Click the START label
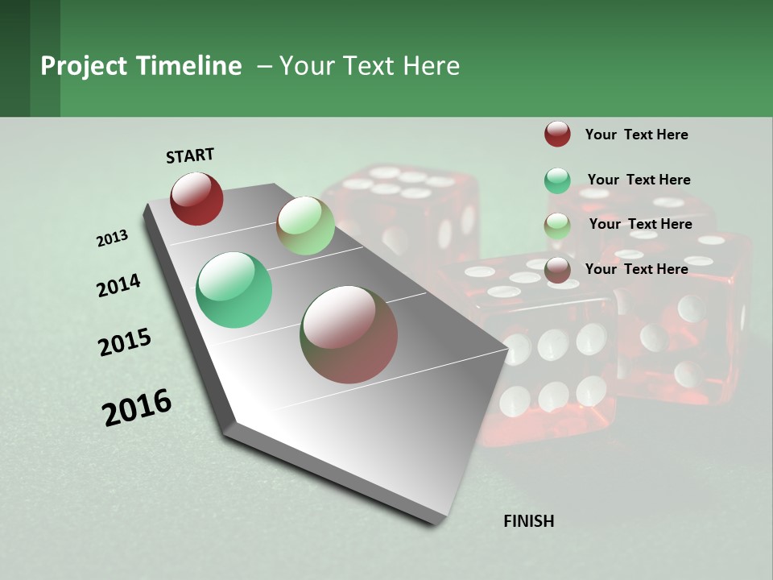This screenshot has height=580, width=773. (190, 155)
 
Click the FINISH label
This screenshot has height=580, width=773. (528, 521)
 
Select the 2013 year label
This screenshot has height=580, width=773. (112, 238)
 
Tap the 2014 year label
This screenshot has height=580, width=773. (118, 285)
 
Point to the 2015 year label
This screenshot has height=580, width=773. (125, 342)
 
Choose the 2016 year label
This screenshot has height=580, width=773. (137, 407)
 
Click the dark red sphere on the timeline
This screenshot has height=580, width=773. (196, 198)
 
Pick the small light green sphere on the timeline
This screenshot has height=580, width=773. (305, 226)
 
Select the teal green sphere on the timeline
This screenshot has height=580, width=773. (234, 290)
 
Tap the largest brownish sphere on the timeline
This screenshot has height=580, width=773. (349, 334)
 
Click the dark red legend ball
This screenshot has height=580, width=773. (557, 134)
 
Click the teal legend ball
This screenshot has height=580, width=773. (557, 181)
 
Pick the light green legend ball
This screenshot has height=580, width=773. (557, 226)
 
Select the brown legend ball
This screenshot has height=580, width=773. (557, 271)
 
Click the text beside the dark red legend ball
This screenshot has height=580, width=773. (636, 135)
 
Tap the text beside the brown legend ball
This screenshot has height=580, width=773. (636, 269)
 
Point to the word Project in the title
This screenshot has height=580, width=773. (85, 66)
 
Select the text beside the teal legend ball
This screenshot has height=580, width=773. (639, 180)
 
